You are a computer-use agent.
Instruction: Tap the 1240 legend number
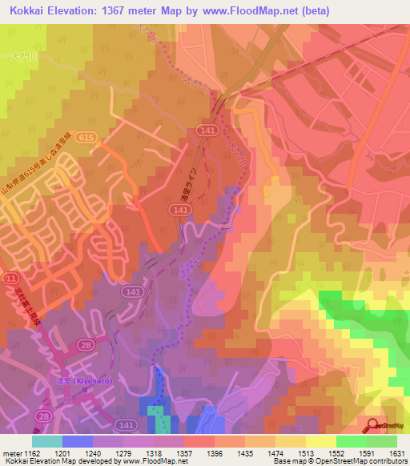[x=93, y=452]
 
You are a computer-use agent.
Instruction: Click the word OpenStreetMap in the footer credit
[x=376, y=462]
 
